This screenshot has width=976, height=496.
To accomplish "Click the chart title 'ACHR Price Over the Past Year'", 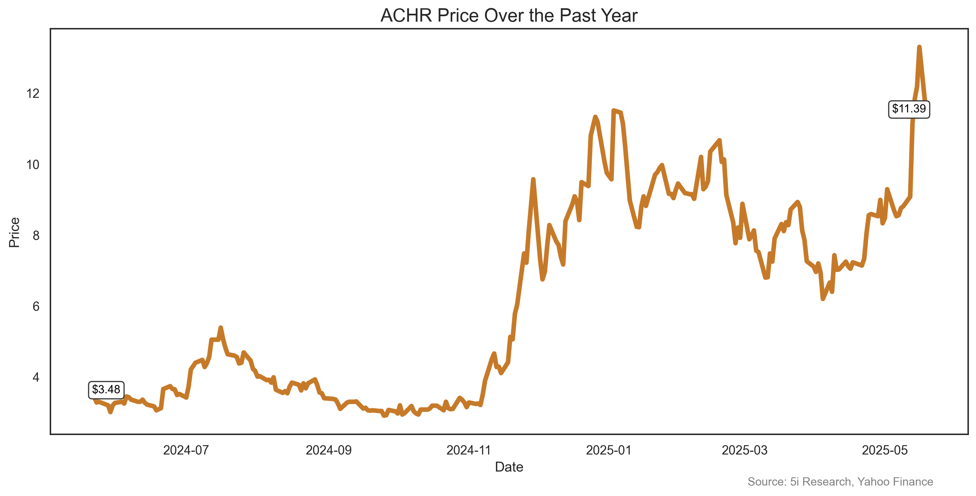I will tap(509, 16).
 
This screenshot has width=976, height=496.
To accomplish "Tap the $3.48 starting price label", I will tap(106, 390).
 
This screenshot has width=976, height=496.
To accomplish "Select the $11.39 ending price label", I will tap(909, 109).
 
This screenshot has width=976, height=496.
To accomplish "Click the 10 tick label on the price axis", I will tap(33, 164).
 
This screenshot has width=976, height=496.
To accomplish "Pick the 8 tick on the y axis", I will tap(36, 235).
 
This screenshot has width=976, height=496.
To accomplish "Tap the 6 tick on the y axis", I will tap(36, 306).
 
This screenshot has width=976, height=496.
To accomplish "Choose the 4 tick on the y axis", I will tap(36, 377).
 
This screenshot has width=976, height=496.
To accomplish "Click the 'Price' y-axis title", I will tap(14, 232).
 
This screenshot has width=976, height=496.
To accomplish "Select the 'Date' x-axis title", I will tap(509, 467).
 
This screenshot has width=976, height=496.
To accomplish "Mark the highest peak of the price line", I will tap(919, 47).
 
